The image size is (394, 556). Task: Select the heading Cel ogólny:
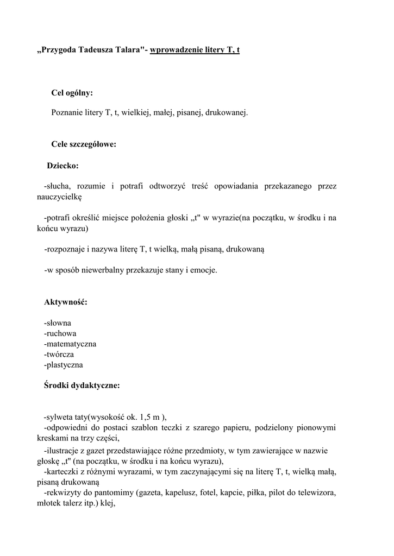72,93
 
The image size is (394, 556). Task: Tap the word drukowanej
226,113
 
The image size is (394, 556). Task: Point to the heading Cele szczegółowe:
84,144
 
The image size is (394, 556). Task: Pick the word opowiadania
236,186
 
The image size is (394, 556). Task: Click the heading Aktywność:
66,301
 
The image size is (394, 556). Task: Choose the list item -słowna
58,323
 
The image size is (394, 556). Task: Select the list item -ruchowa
60,333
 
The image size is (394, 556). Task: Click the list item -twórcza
59,354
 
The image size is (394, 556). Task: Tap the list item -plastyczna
64,365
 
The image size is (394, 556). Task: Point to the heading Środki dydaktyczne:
82,386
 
